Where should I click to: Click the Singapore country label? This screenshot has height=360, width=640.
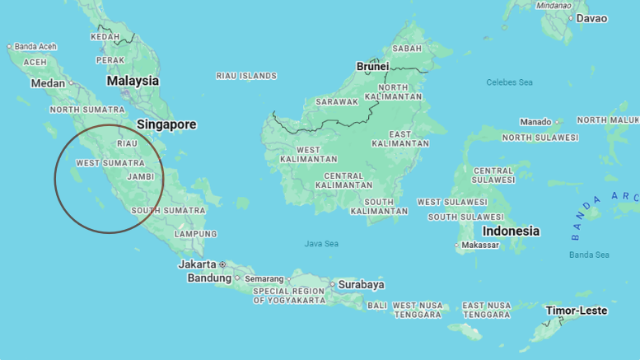click(166, 124)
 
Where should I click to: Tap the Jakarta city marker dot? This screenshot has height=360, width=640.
click(222, 264)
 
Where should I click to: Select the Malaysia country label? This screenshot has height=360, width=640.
click(133, 81)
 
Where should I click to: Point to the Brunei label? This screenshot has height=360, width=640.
click(372, 66)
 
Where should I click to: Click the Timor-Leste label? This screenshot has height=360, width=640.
click(577, 311)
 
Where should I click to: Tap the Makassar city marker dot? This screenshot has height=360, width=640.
click(457, 245)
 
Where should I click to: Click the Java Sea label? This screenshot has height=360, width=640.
click(321, 244)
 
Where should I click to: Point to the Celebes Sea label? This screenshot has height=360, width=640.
click(509, 82)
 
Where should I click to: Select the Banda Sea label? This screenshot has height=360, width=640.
click(589, 255)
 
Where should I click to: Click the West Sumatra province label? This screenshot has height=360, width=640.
click(110, 163)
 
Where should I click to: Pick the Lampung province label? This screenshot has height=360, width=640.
click(195, 234)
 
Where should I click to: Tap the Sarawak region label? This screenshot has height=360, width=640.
click(337, 102)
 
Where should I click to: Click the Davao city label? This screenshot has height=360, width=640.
click(591, 18)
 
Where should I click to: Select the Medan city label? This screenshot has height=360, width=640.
click(48, 83)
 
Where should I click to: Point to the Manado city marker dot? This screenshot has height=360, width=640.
click(557, 122)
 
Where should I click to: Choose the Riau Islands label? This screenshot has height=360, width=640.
click(246, 76)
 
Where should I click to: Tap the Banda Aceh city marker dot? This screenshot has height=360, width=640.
click(10, 47)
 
